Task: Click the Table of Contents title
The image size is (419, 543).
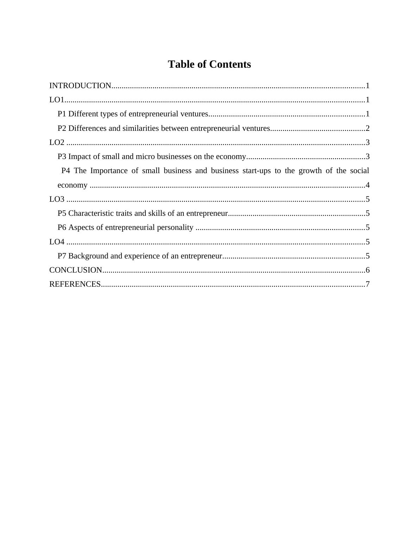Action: pyautogui.click(x=209, y=65)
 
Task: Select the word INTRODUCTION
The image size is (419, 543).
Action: pyautogui.click(x=80, y=86)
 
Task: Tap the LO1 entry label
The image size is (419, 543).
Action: pyautogui.click(x=56, y=100)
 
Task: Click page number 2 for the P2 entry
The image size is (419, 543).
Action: pyautogui.click(x=368, y=128)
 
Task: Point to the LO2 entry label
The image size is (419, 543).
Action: pyautogui.click(x=57, y=142)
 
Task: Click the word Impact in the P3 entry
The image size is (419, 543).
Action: pyautogui.click(x=79, y=157)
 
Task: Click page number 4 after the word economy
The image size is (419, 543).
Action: pyautogui.click(x=368, y=185)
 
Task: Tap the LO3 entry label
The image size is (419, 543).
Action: pyautogui.click(x=57, y=199)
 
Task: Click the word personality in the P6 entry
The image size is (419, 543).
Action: pyautogui.click(x=175, y=227)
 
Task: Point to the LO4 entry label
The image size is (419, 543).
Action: pyautogui.click(x=57, y=242)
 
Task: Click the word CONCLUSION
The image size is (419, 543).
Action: pyautogui.click(x=76, y=270)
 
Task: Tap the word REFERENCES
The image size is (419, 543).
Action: pyautogui.click(x=75, y=284)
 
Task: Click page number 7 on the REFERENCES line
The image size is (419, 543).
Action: pyautogui.click(x=368, y=284)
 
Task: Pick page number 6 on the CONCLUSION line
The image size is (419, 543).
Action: pyautogui.click(x=368, y=270)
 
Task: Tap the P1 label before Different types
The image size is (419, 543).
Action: pyautogui.click(x=62, y=114)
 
